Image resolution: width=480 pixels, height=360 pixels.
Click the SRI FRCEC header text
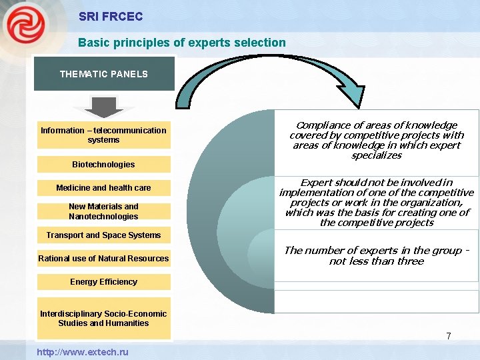(x=110, y=16)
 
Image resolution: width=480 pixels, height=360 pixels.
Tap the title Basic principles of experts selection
(x=181, y=43)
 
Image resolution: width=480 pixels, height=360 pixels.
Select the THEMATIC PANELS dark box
(x=103, y=74)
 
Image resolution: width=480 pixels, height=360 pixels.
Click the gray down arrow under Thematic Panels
(x=103, y=107)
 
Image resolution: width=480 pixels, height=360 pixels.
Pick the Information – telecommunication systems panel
(x=103, y=135)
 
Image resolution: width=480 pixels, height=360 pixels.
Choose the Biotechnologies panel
(x=103, y=165)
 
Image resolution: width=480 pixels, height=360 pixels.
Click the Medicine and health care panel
(x=103, y=188)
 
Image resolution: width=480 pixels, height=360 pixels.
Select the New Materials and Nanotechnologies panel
(x=103, y=211)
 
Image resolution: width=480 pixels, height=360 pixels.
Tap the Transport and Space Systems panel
(x=103, y=235)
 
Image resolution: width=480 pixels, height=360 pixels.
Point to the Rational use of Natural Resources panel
(x=103, y=258)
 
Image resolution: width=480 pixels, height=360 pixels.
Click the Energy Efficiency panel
(x=103, y=281)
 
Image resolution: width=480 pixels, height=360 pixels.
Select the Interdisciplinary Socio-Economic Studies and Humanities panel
(x=103, y=319)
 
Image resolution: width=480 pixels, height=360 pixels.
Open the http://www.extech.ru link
(x=83, y=351)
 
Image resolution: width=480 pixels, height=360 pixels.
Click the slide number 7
(x=449, y=336)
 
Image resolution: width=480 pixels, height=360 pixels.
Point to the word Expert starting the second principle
(x=316, y=183)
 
